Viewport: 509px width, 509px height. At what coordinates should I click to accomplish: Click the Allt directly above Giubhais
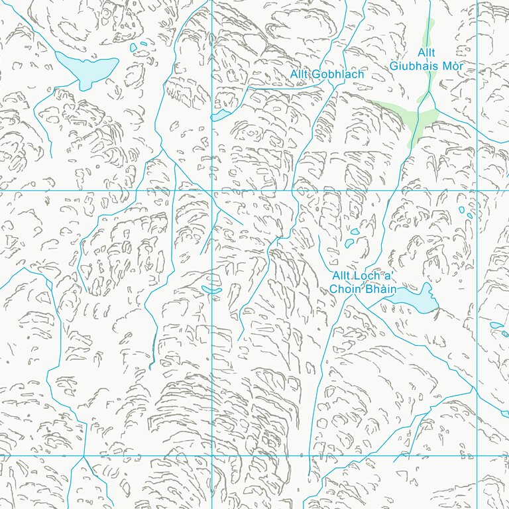tap(427, 52)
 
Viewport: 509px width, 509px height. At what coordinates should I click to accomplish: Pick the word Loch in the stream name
tap(365, 276)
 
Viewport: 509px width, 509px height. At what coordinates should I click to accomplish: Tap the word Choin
tap(345, 289)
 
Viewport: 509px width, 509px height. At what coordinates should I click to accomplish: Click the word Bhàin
tap(380, 289)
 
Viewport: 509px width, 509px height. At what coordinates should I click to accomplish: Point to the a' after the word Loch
tap(386, 276)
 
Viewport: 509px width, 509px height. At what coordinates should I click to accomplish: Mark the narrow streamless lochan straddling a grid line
tap(211, 290)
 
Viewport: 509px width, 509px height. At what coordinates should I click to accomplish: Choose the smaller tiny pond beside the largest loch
tap(144, 44)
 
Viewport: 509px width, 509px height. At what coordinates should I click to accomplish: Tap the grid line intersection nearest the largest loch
tap(212, 190)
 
